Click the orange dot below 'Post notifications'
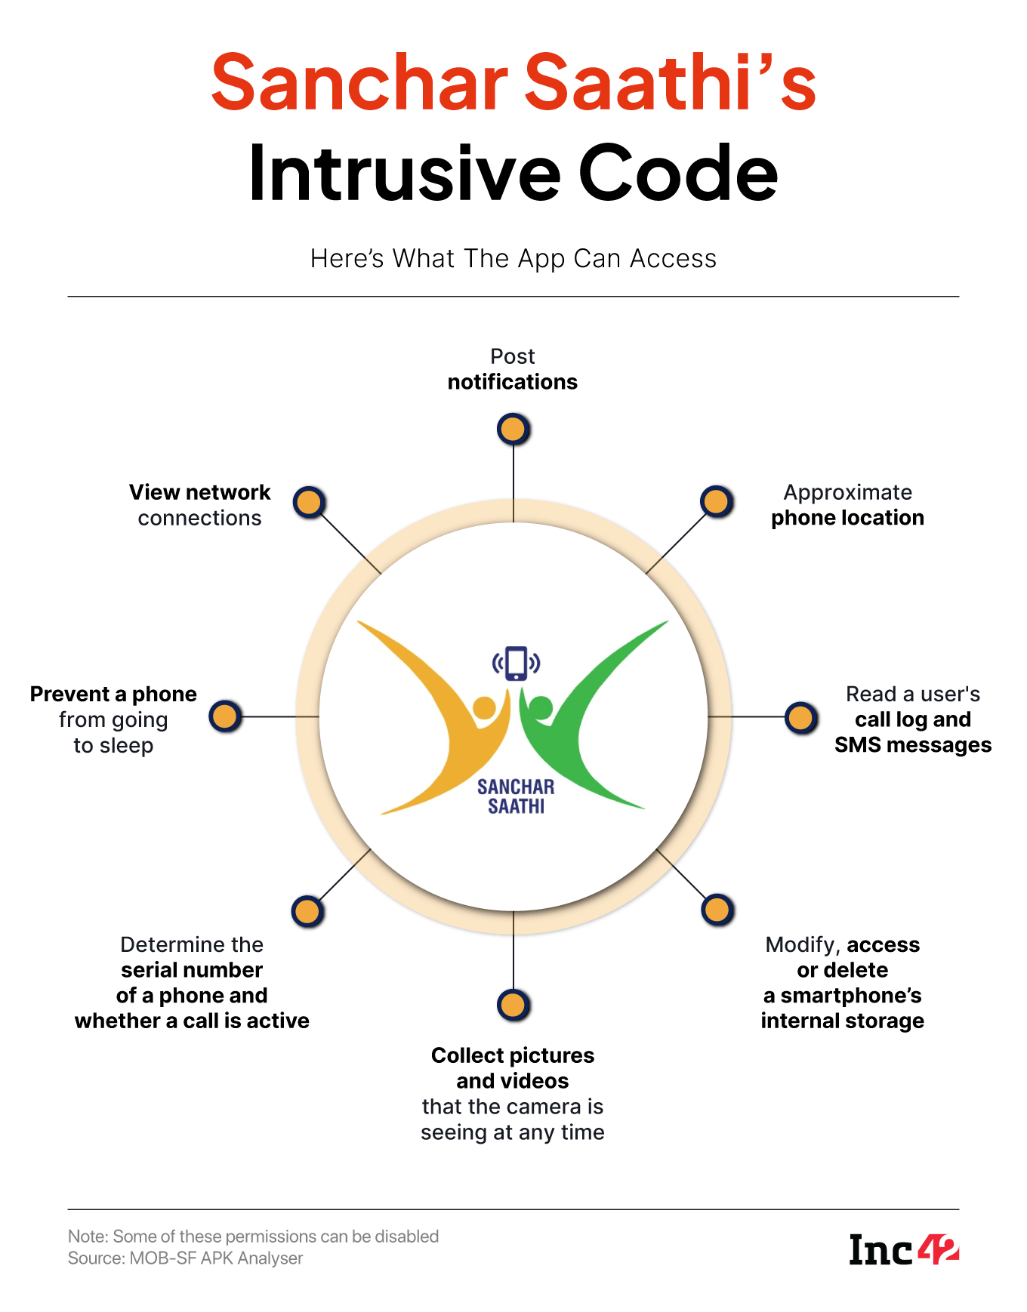coord(513,429)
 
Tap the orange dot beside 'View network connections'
coord(309,502)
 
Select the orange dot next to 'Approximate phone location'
coord(717,501)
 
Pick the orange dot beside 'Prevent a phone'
coord(225,716)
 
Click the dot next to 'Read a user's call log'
coord(801,717)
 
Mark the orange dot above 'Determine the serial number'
coord(307,911)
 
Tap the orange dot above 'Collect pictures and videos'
coord(513,1005)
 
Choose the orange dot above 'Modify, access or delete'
coord(717,910)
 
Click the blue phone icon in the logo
coord(517,664)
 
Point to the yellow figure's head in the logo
coord(484,708)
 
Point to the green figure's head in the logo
coord(541,708)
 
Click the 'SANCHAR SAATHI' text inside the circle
coord(516,796)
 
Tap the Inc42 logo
coord(904,1250)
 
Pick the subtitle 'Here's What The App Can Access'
coord(513,258)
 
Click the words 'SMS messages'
coord(913,745)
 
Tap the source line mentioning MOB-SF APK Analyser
coord(186,1258)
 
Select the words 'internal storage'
coord(842,1021)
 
